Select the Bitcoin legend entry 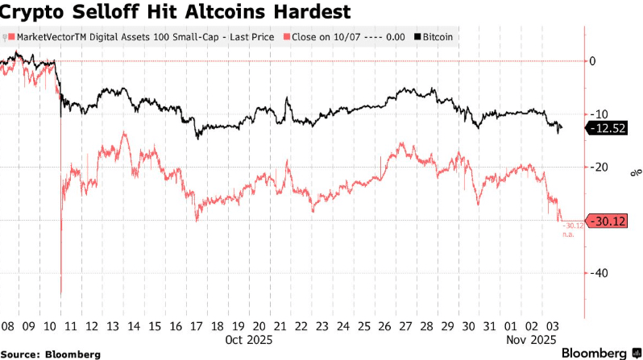[434, 37]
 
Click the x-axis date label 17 [196, 326]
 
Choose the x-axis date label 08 [7, 326]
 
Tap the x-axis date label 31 [489, 326]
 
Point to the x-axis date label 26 [384, 326]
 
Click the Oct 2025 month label [244, 340]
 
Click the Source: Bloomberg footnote [50, 354]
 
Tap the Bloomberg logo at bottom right [594, 353]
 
